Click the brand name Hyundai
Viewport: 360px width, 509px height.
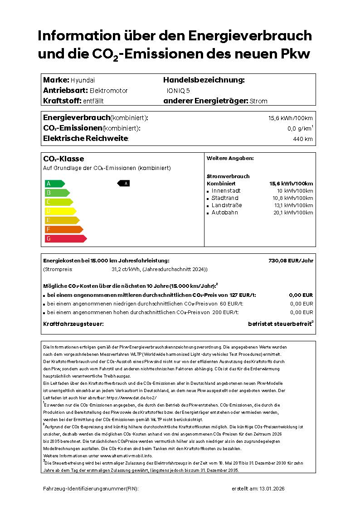tap(83, 80)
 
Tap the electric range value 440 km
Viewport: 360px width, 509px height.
tap(303, 139)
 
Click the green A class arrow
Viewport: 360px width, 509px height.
tap(54, 184)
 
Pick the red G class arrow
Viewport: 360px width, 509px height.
tap(65, 238)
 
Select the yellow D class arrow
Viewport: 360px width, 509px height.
tap(60, 211)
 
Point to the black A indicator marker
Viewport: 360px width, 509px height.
tap(124, 183)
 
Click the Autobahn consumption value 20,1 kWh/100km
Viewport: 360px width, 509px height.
tap(293, 213)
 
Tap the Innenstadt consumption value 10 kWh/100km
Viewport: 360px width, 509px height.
tap(295, 191)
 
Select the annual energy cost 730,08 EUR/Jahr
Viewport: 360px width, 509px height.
tap(291, 261)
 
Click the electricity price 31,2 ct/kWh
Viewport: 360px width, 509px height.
tap(126, 269)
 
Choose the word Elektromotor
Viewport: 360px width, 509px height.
tap(108, 91)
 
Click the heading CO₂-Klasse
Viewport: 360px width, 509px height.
tap(63, 159)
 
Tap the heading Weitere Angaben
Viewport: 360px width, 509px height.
tap(230, 158)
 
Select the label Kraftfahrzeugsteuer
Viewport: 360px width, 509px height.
tap(73, 324)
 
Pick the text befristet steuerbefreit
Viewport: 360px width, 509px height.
tap(279, 324)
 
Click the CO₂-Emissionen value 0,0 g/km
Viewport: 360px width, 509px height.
tap(299, 129)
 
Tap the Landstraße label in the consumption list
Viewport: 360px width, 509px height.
tap(227, 205)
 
